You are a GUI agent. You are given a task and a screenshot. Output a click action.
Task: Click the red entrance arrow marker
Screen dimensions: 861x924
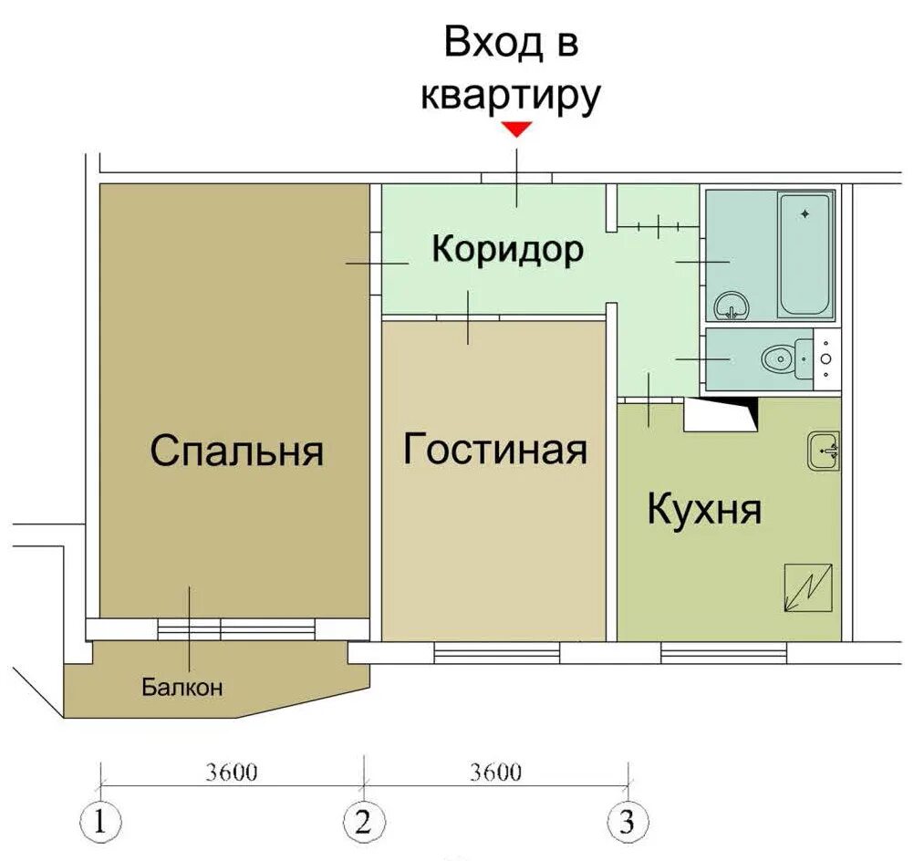(517, 130)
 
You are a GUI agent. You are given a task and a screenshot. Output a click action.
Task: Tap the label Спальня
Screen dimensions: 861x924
(237, 451)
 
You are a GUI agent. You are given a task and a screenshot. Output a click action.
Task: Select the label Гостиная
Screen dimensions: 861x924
(494, 449)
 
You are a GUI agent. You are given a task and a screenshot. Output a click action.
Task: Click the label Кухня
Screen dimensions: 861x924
(704, 510)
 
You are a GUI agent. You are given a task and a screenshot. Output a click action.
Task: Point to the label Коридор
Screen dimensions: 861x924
(507, 249)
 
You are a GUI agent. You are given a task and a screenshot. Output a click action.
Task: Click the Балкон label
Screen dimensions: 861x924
(182, 688)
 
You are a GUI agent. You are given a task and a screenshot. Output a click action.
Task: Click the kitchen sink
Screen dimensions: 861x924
(823, 450)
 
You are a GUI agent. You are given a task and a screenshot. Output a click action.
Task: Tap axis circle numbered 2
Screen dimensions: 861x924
(363, 823)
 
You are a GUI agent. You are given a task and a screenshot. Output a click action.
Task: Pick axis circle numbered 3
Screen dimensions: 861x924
(627, 823)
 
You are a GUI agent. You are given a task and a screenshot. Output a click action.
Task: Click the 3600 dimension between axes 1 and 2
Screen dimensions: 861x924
(233, 773)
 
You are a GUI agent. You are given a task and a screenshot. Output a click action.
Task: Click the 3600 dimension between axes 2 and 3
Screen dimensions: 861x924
(495, 773)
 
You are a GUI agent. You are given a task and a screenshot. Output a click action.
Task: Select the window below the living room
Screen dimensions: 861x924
(496, 652)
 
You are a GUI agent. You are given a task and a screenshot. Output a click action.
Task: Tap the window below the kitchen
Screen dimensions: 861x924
(723, 652)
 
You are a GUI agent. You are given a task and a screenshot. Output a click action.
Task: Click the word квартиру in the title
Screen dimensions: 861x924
(511, 95)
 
